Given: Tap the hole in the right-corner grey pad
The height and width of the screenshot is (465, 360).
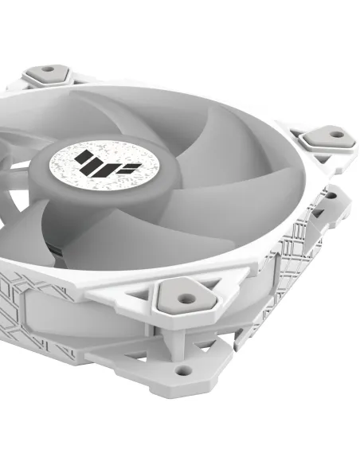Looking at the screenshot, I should coord(336,135).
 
